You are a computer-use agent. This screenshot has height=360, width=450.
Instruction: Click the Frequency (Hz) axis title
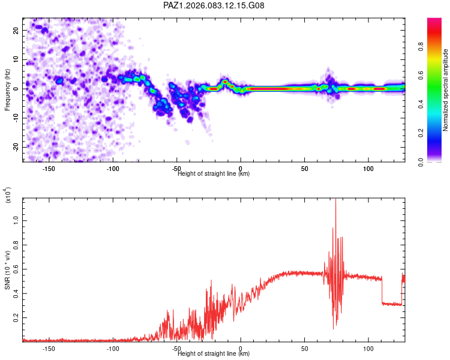click(x=7, y=89)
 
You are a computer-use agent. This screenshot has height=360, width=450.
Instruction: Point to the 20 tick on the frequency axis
click(x=16, y=29)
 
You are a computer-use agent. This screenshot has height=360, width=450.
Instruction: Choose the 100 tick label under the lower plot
click(x=368, y=348)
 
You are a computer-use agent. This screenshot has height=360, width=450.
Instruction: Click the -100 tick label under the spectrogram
click(x=112, y=169)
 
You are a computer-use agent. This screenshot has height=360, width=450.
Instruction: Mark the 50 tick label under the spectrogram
click(x=304, y=169)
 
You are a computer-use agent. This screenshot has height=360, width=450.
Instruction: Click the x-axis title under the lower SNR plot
click(x=214, y=353)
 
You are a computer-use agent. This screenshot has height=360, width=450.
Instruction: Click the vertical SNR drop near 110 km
click(x=382, y=291)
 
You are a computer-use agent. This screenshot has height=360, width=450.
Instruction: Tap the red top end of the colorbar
click(x=435, y=21)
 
